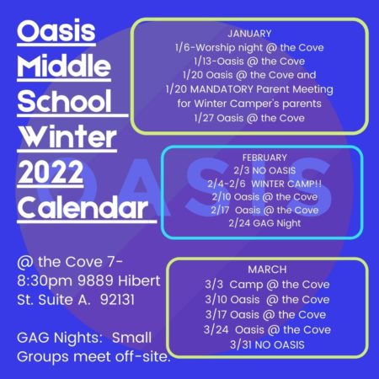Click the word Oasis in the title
coord(56,30)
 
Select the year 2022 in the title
coord(51,172)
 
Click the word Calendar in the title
coord(83,207)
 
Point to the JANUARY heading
coord(249,34)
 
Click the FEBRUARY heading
coord(264,157)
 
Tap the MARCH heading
coord(267,270)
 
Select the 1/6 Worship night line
coord(249,47)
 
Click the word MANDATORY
coord(222,89)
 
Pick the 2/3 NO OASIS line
coord(264,170)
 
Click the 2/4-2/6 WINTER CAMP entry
coord(264,184)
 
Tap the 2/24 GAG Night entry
coord(264,223)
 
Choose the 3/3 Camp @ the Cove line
coord(267,285)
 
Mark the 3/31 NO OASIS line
coord(267,344)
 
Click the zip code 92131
coord(117,300)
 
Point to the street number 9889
coord(95,280)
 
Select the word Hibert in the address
coord(139,280)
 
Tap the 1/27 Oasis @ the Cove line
coord(249,118)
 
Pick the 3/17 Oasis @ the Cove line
coord(266,314)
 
